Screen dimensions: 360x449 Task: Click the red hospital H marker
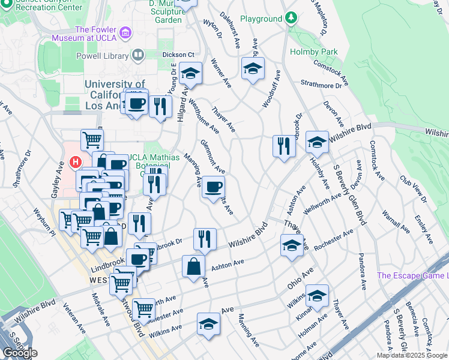(75, 162)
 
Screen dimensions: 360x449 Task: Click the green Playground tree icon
(291, 18)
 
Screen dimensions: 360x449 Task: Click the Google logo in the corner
(19, 353)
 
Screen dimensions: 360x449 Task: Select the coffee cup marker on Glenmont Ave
(212, 188)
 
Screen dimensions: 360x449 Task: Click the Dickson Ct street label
(178, 55)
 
